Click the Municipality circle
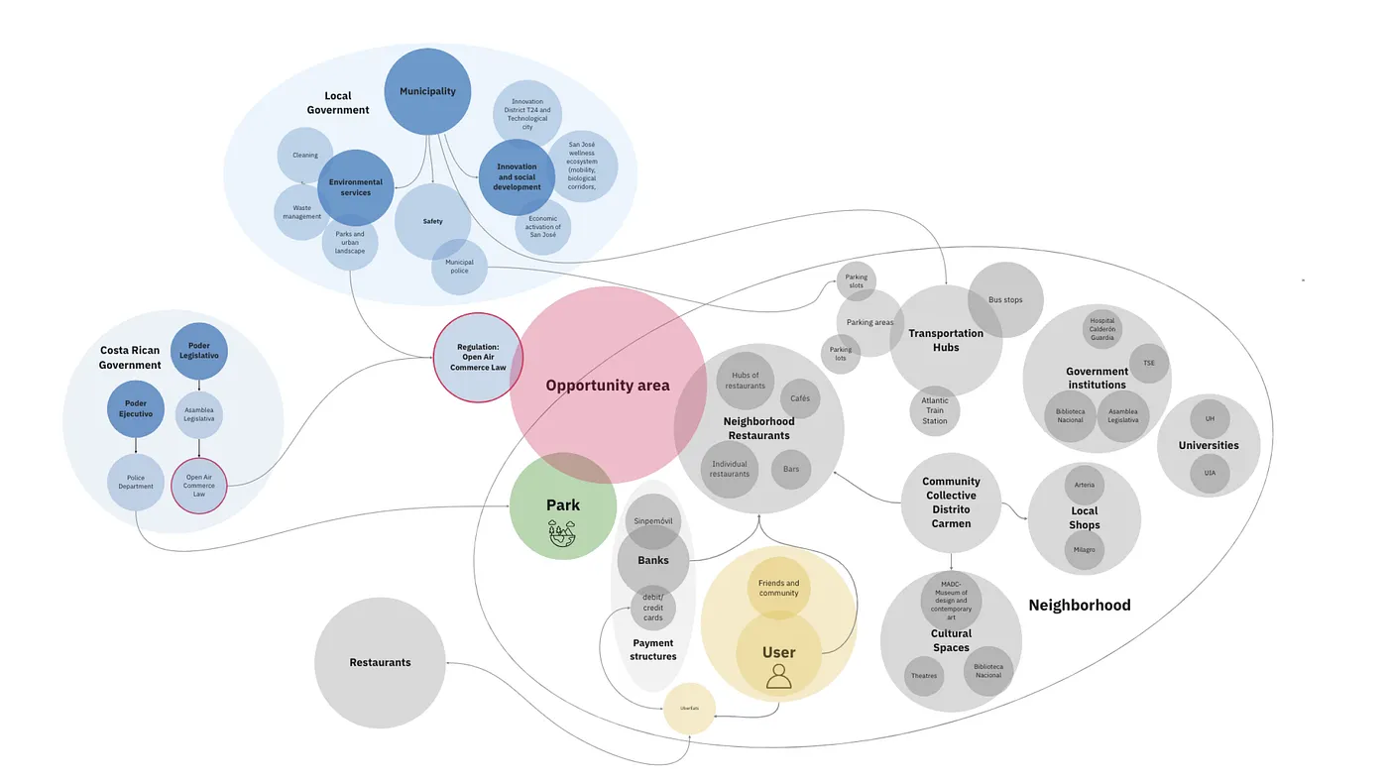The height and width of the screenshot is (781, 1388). [x=427, y=92]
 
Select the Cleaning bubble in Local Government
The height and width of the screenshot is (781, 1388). [x=304, y=156]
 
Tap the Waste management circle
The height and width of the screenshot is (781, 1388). [x=301, y=212]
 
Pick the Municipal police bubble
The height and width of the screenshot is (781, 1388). [x=459, y=267]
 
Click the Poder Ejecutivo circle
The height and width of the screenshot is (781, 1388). [x=136, y=408]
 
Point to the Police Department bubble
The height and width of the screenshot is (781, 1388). [x=136, y=482]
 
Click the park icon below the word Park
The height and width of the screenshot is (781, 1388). [x=562, y=533]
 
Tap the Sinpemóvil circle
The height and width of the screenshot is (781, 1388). [x=652, y=519]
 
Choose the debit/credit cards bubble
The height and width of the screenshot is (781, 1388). [x=652, y=608]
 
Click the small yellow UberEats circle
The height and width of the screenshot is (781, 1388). [x=689, y=709]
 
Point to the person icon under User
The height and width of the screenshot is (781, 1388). [x=779, y=676]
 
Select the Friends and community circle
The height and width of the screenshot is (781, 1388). [x=778, y=588]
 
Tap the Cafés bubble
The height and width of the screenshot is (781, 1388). [x=800, y=398]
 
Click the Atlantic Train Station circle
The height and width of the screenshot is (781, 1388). [x=935, y=410]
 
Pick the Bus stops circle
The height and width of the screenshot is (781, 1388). [x=1005, y=299]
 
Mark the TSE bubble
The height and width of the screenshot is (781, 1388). [x=1149, y=364]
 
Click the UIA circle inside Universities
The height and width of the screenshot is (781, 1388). [x=1210, y=474]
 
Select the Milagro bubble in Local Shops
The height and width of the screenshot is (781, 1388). [x=1085, y=550]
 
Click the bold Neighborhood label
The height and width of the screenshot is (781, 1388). [x=1079, y=606]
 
